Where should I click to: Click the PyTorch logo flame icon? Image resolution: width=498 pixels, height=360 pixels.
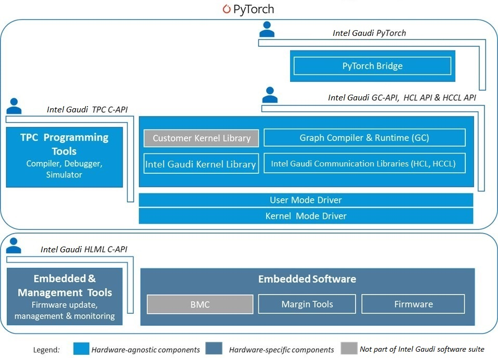226,9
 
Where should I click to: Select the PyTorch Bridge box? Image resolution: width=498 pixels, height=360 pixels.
372,66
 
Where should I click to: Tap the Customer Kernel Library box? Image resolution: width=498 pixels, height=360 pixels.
201,138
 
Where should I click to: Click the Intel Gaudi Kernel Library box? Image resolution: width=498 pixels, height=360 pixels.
201,164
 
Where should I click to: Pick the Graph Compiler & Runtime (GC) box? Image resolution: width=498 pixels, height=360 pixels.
364,138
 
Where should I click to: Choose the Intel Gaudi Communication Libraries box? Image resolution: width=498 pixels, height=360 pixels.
364,164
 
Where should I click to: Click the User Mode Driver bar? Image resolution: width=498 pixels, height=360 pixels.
306,200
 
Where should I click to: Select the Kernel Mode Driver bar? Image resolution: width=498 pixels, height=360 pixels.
306,216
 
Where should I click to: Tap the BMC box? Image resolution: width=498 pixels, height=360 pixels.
200,304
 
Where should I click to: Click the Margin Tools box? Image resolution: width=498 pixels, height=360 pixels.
307,304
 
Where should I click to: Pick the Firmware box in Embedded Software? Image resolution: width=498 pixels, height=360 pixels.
413,304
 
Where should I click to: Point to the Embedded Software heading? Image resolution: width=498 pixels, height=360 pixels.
307,279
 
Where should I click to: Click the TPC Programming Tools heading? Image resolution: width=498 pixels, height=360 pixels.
64,144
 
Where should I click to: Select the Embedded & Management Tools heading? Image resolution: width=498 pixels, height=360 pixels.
64,286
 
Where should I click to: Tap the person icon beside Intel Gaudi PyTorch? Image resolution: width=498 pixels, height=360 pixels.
267,29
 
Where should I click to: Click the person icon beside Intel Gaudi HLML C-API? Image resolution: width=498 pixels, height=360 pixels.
14,245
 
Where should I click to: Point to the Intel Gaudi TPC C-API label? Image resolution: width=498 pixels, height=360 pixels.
87,109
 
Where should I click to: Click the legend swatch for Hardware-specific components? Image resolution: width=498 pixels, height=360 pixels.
214,349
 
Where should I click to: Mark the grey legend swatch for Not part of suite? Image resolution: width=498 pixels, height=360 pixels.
349,349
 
